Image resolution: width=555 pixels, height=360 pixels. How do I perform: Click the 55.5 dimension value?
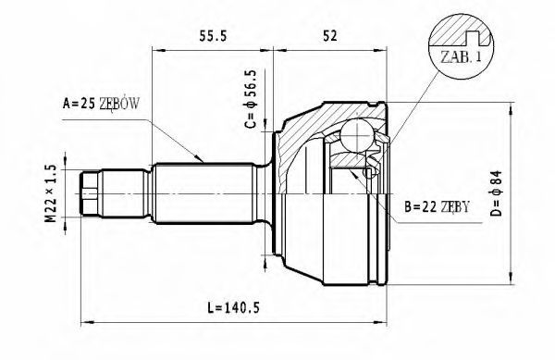(x=213, y=36)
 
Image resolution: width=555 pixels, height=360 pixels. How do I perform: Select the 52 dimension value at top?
(x=330, y=36)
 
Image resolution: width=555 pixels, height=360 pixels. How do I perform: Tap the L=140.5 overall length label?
(x=233, y=307)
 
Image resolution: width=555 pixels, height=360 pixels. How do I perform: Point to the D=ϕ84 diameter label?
(x=497, y=192)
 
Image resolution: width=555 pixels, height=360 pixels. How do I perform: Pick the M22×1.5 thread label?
(x=51, y=193)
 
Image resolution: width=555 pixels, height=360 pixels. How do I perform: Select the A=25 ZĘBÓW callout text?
(x=101, y=104)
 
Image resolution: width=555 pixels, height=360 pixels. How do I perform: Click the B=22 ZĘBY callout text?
(x=438, y=206)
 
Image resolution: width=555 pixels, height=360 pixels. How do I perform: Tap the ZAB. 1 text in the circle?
(x=461, y=56)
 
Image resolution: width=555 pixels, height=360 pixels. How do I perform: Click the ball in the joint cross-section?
(x=358, y=136)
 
